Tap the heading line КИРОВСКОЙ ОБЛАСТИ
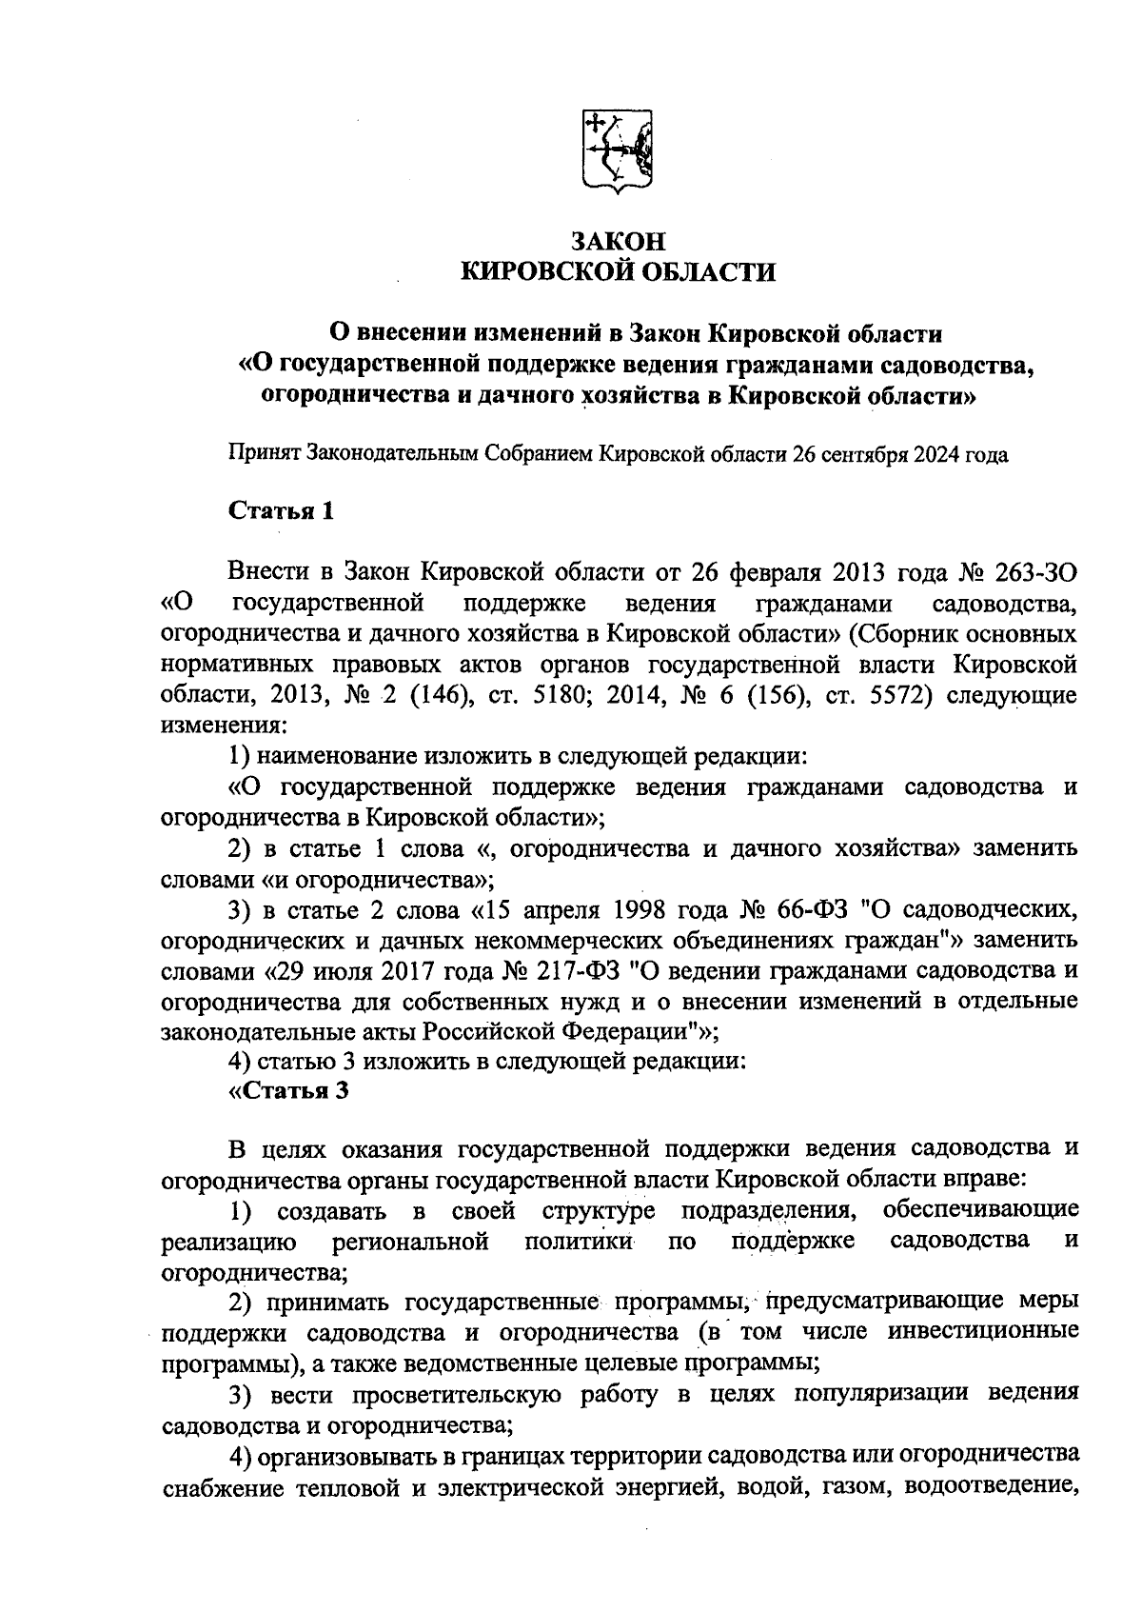pos(618,273)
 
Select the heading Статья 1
pos(282,511)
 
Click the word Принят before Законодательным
pos(263,454)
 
